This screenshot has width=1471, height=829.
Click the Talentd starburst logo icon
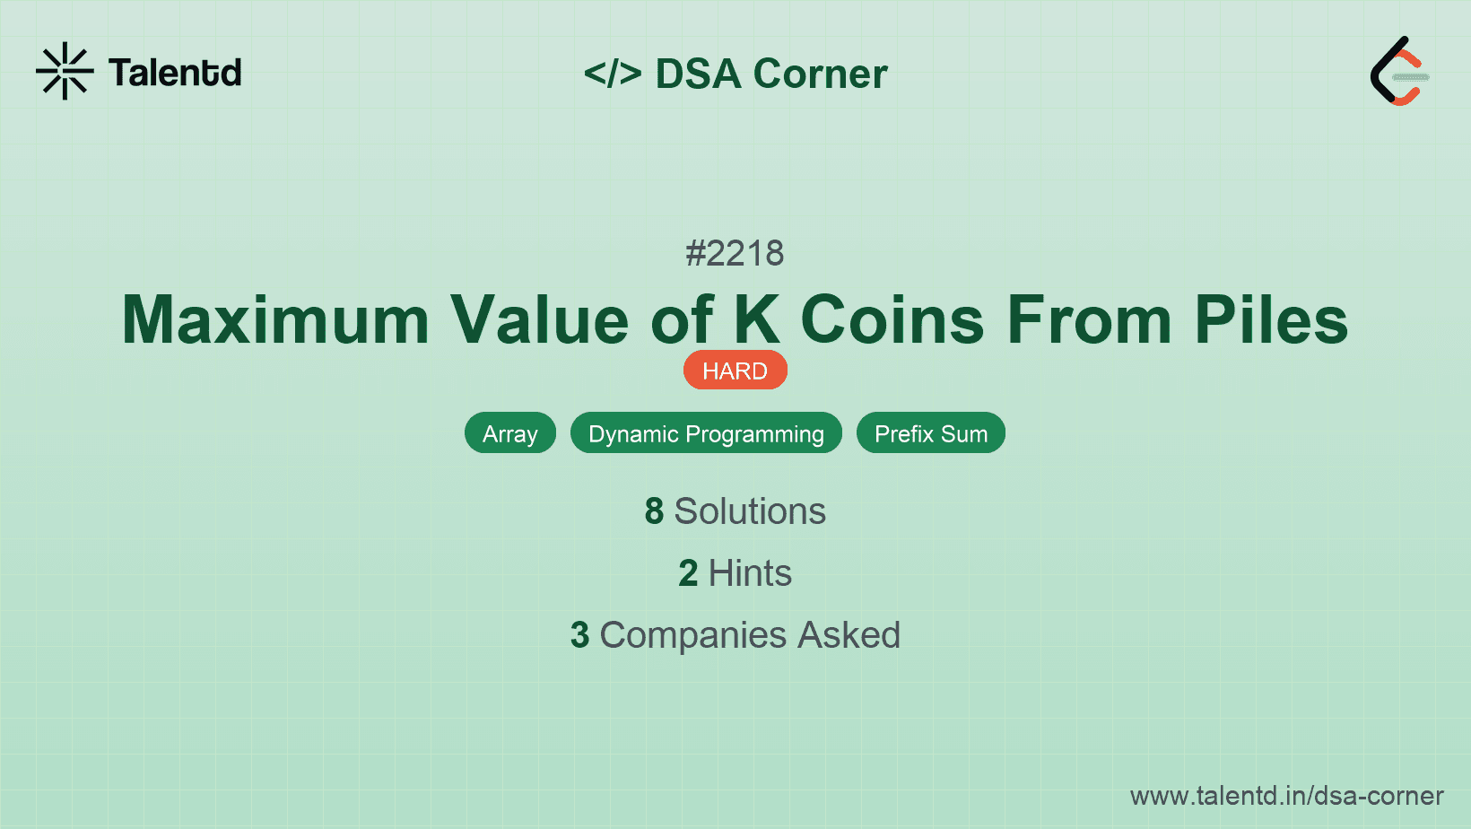[65, 71]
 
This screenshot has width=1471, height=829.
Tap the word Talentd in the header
[175, 73]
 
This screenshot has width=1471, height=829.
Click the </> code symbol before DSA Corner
[613, 74]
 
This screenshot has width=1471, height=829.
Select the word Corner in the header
[821, 74]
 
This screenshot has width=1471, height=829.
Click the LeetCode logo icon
[1399, 72]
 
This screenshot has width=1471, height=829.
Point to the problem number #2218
[735, 254]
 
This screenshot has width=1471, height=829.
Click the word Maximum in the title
[276, 320]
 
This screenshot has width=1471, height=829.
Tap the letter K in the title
[756, 320]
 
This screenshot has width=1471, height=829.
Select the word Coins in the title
[892, 320]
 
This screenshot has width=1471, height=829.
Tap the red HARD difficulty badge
[735, 371]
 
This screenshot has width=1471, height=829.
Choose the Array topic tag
[510, 433]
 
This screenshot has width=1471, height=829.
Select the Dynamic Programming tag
[706, 433]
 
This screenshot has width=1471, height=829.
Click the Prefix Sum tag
[930, 433]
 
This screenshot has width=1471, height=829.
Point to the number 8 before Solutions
[654, 511]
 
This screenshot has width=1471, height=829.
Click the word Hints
[750, 573]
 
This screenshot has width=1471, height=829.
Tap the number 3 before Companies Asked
[580, 635]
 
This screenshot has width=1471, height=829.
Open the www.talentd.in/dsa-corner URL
[1286, 796]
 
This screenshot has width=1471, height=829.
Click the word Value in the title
[539, 320]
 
